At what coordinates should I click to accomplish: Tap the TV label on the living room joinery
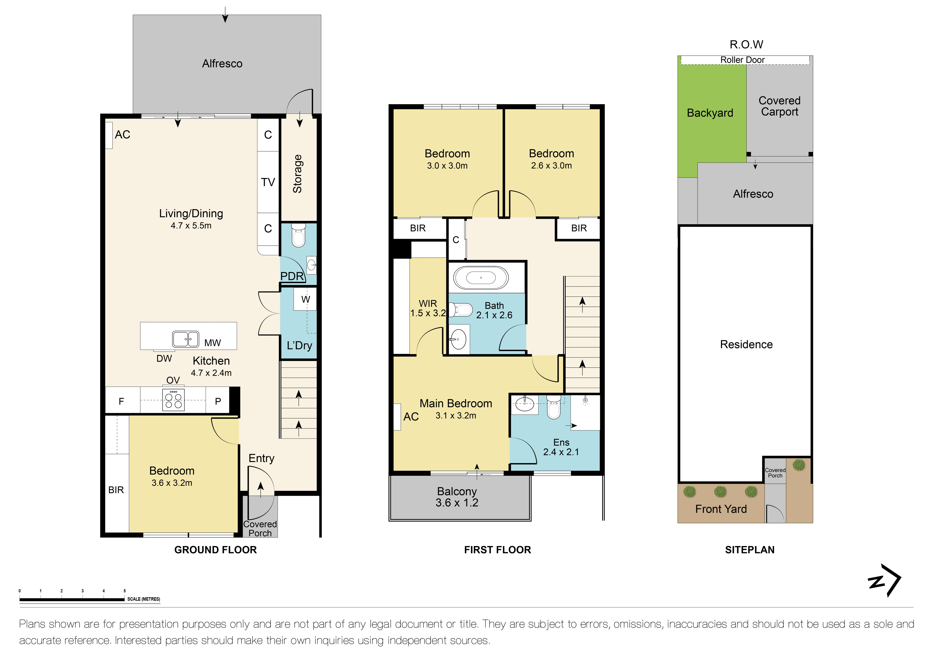(x=268, y=182)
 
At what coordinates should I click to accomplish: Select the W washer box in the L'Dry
(x=305, y=299)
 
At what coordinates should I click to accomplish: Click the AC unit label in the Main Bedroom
(x=411, y=417)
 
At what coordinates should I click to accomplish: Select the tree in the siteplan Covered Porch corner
(x=798, y=465)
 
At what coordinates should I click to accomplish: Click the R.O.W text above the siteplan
(x=746, y=45)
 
